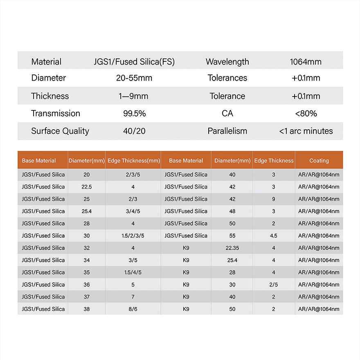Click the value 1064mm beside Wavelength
click(306, 62)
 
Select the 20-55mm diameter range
click(134, 78)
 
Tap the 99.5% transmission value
click(134, 114)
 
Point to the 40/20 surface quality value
click(134, 131)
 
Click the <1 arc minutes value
click(306, 131)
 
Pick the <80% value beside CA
click(306, 114)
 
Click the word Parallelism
click(227, 131)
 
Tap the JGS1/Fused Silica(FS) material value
click(134, 62)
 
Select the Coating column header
click(319, 161)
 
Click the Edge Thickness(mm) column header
click(133, 161)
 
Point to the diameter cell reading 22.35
click(232, 248)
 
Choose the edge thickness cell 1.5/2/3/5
click(133, 236)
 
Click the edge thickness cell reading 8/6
click(133, 309)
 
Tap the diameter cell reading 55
click(232, 236)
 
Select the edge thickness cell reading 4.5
click(274, 236)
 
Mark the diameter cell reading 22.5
click(87, 187)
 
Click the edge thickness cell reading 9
click(274, 199)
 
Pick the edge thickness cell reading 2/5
click(274, 285)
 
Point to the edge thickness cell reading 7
click(133, 297)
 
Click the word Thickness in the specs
click(50, 96)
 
